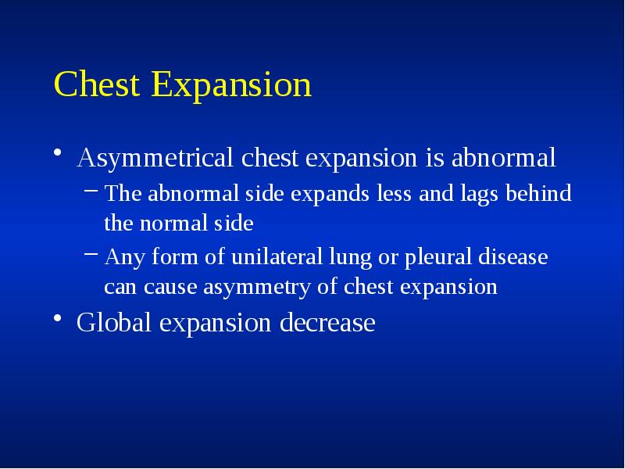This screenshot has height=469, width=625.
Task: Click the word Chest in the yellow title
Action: click(98, 85)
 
